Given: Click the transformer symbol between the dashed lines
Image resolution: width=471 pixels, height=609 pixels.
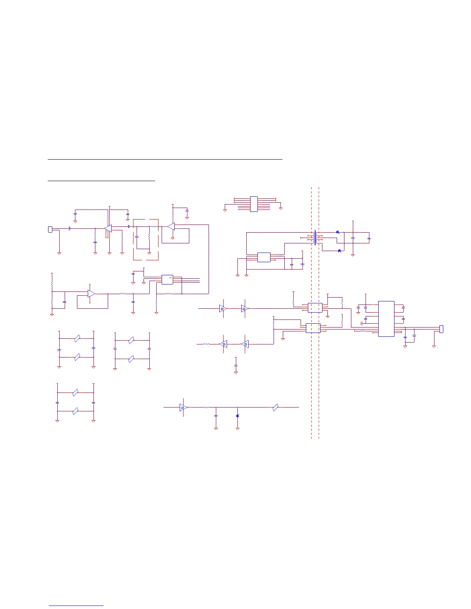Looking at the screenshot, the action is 316,238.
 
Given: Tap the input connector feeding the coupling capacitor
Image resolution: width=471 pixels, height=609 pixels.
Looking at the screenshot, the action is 50,230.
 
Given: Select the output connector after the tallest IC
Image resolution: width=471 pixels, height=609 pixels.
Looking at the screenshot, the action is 441,329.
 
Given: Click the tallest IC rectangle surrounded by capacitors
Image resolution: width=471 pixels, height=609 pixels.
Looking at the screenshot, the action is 386,319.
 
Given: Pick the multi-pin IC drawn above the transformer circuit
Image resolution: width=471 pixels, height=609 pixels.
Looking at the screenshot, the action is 254,204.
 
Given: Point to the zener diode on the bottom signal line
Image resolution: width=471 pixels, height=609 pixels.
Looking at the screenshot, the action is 237,416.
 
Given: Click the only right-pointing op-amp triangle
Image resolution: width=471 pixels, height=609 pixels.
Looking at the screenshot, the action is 91,294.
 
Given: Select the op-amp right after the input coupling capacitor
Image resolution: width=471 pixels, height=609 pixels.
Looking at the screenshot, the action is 108,228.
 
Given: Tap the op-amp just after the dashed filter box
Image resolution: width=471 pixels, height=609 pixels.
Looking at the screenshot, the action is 171,226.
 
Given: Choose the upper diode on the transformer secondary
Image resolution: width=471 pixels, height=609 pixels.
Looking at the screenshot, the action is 337,232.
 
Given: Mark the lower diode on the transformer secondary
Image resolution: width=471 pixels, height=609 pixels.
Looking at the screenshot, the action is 339,251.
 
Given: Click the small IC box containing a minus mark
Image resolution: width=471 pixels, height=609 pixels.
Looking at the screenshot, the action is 167,280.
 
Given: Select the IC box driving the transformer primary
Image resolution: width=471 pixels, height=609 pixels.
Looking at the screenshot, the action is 264,257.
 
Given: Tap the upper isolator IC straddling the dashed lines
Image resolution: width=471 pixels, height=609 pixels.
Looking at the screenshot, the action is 315,308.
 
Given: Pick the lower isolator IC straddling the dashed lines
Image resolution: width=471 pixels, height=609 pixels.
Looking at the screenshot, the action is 313,328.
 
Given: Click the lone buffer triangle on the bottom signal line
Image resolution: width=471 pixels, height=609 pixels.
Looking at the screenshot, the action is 184,408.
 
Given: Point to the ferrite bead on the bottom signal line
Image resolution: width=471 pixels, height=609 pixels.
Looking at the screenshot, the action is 275,408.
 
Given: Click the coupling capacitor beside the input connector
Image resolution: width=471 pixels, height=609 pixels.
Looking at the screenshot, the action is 69,228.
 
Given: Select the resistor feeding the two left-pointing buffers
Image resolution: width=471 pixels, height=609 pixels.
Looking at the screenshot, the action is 206,344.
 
